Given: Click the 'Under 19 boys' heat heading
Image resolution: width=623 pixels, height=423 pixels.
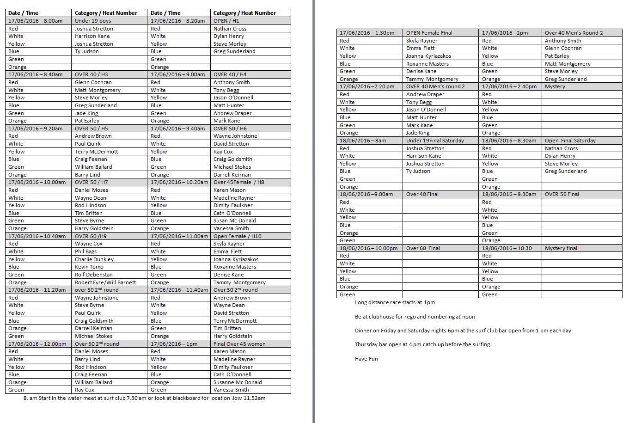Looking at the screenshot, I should click(93, 21).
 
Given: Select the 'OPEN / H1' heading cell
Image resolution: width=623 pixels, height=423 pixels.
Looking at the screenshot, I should click(226, 21).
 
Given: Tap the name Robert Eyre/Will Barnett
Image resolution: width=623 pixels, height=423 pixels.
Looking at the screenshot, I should click(105, 282).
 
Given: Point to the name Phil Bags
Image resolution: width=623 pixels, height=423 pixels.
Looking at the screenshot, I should click(86, 251).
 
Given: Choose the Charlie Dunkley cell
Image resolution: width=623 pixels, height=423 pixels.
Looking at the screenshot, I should click(94, 259).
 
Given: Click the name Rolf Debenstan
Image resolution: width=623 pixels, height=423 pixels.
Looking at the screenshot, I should click(93, 275).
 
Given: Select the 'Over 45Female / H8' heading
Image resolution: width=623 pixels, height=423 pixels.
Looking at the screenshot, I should click(239, 182).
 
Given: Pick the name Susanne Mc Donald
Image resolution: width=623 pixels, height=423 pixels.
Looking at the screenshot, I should click(238, 382).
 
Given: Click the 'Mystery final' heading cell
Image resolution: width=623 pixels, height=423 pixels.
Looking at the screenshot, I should click(561, 248).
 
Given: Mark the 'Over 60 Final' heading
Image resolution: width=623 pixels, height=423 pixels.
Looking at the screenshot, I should click(423, 248).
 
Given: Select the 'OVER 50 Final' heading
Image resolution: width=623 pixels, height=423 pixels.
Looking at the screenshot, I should click(562, 194).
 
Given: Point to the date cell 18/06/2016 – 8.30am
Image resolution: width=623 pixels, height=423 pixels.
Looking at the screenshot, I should click(509, 141).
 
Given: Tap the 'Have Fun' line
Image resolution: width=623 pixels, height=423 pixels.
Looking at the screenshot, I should click(366, 359).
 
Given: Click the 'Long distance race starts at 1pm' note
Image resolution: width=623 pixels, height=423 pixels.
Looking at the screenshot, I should click(395, 302).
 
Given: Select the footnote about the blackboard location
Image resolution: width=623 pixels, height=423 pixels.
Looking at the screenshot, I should click(144, 398).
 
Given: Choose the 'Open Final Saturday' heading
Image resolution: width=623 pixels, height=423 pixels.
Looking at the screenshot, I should click(570, 141).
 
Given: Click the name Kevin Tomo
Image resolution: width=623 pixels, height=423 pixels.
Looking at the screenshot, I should click(89, 267).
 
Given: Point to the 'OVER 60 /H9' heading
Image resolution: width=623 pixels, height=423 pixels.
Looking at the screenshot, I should click(91, 236).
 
